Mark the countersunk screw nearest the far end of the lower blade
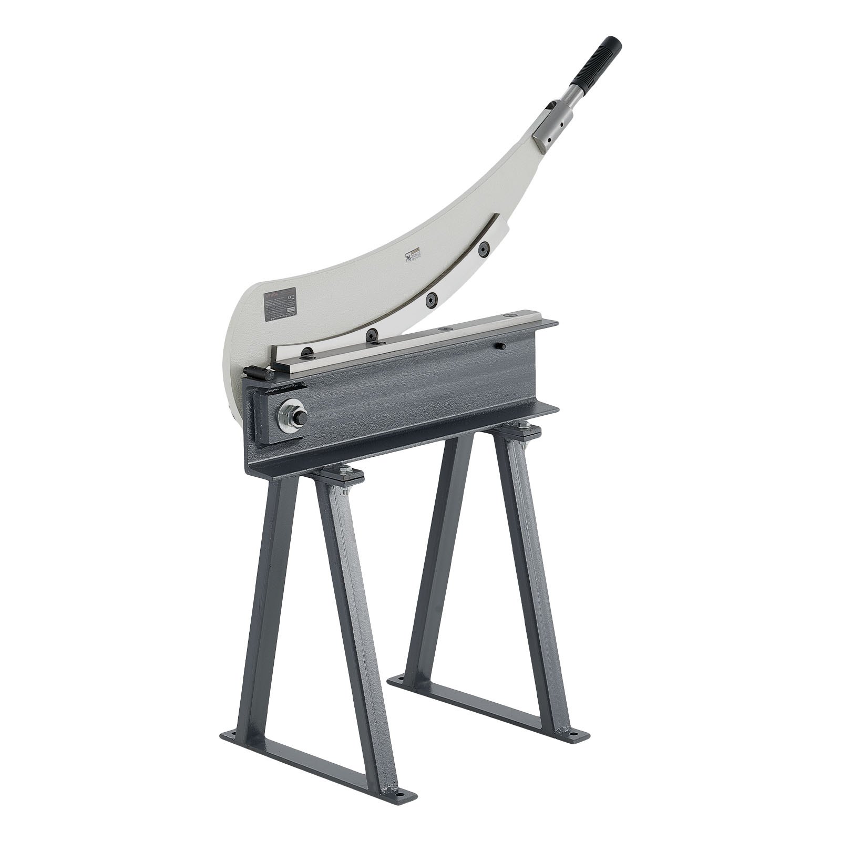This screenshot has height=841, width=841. point(508,314)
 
